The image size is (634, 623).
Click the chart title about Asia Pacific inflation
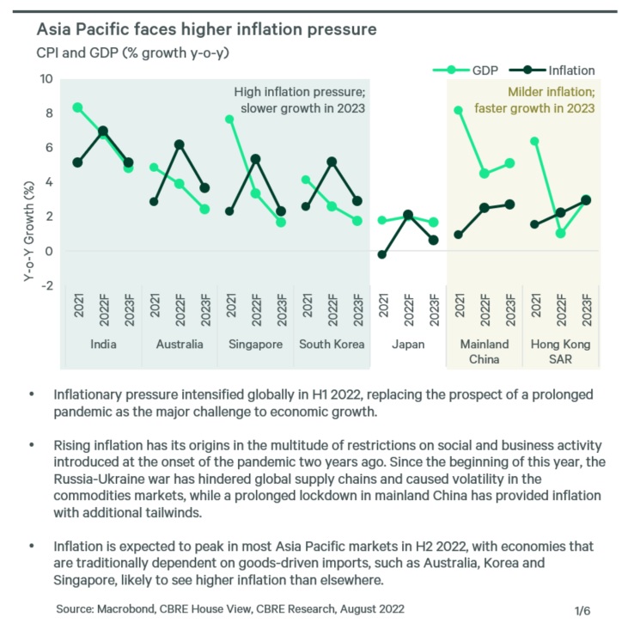pos(206,30)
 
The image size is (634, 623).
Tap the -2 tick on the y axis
pos(47,285)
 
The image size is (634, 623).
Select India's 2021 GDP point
pos(77,107)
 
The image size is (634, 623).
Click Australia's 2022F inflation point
pos(179,144)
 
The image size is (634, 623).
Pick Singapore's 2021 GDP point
pos(229,119)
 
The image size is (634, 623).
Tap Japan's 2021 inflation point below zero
pos(382,254)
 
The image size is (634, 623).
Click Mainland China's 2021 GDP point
pos(459,110)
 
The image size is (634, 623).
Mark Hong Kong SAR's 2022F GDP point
pos(561,233)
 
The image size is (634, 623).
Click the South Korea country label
pos(331,345)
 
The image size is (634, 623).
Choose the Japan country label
pos(408,345)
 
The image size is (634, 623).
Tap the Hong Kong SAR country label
pos(560,351)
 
